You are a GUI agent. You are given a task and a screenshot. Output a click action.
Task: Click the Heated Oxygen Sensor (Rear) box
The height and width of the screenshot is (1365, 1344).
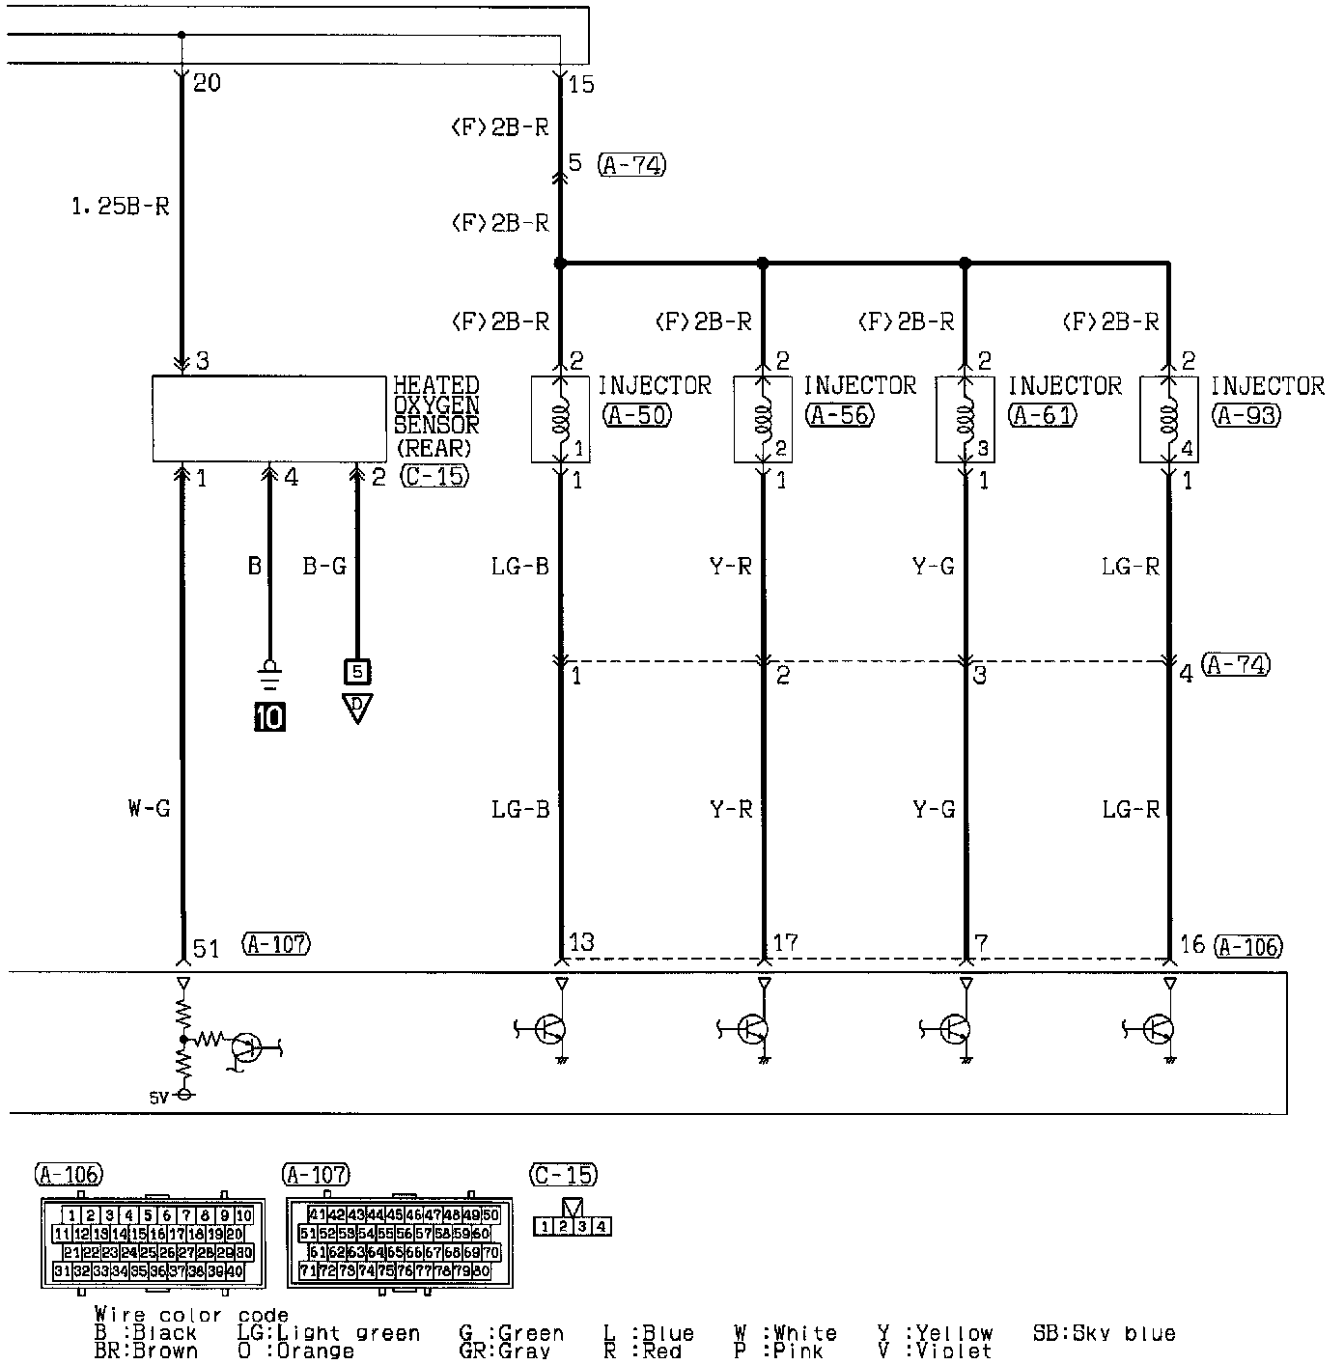pos(268,419)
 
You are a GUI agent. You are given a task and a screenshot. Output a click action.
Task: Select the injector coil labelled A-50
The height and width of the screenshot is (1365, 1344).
pos(560,419)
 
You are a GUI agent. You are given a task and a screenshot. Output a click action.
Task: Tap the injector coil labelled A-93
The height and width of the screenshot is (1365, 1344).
pos(1168,419)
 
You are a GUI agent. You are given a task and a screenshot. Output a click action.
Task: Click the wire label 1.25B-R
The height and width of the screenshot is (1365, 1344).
pos(122,207)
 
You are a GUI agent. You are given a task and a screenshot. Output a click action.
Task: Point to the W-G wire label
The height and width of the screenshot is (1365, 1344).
pos(149,809)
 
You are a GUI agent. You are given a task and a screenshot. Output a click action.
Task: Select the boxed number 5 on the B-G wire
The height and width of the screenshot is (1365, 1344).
pos(356,671)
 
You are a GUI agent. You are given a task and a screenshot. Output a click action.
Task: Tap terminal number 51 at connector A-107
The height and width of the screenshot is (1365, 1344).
pos(207,948)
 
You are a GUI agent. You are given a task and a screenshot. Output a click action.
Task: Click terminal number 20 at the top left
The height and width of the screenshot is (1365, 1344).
pos(207,83)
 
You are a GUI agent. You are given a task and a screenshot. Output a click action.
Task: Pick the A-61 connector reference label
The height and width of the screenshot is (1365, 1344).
pos(1043,415)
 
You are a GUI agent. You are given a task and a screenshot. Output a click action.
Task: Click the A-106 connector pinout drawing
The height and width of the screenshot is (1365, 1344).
pos(152,1243)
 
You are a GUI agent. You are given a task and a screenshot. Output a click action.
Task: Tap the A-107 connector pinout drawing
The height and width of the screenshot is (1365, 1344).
pos(400,1243)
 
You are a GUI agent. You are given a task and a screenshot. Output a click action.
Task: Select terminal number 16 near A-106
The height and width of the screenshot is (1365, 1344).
pos(1192,944)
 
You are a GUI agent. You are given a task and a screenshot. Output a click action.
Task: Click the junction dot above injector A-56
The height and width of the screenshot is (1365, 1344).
pos(763,263)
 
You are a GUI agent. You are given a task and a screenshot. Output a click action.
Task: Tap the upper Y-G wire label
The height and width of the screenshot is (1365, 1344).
pos(933,566)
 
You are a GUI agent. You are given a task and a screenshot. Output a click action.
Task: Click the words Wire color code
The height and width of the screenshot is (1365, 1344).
pos(191,1315)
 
